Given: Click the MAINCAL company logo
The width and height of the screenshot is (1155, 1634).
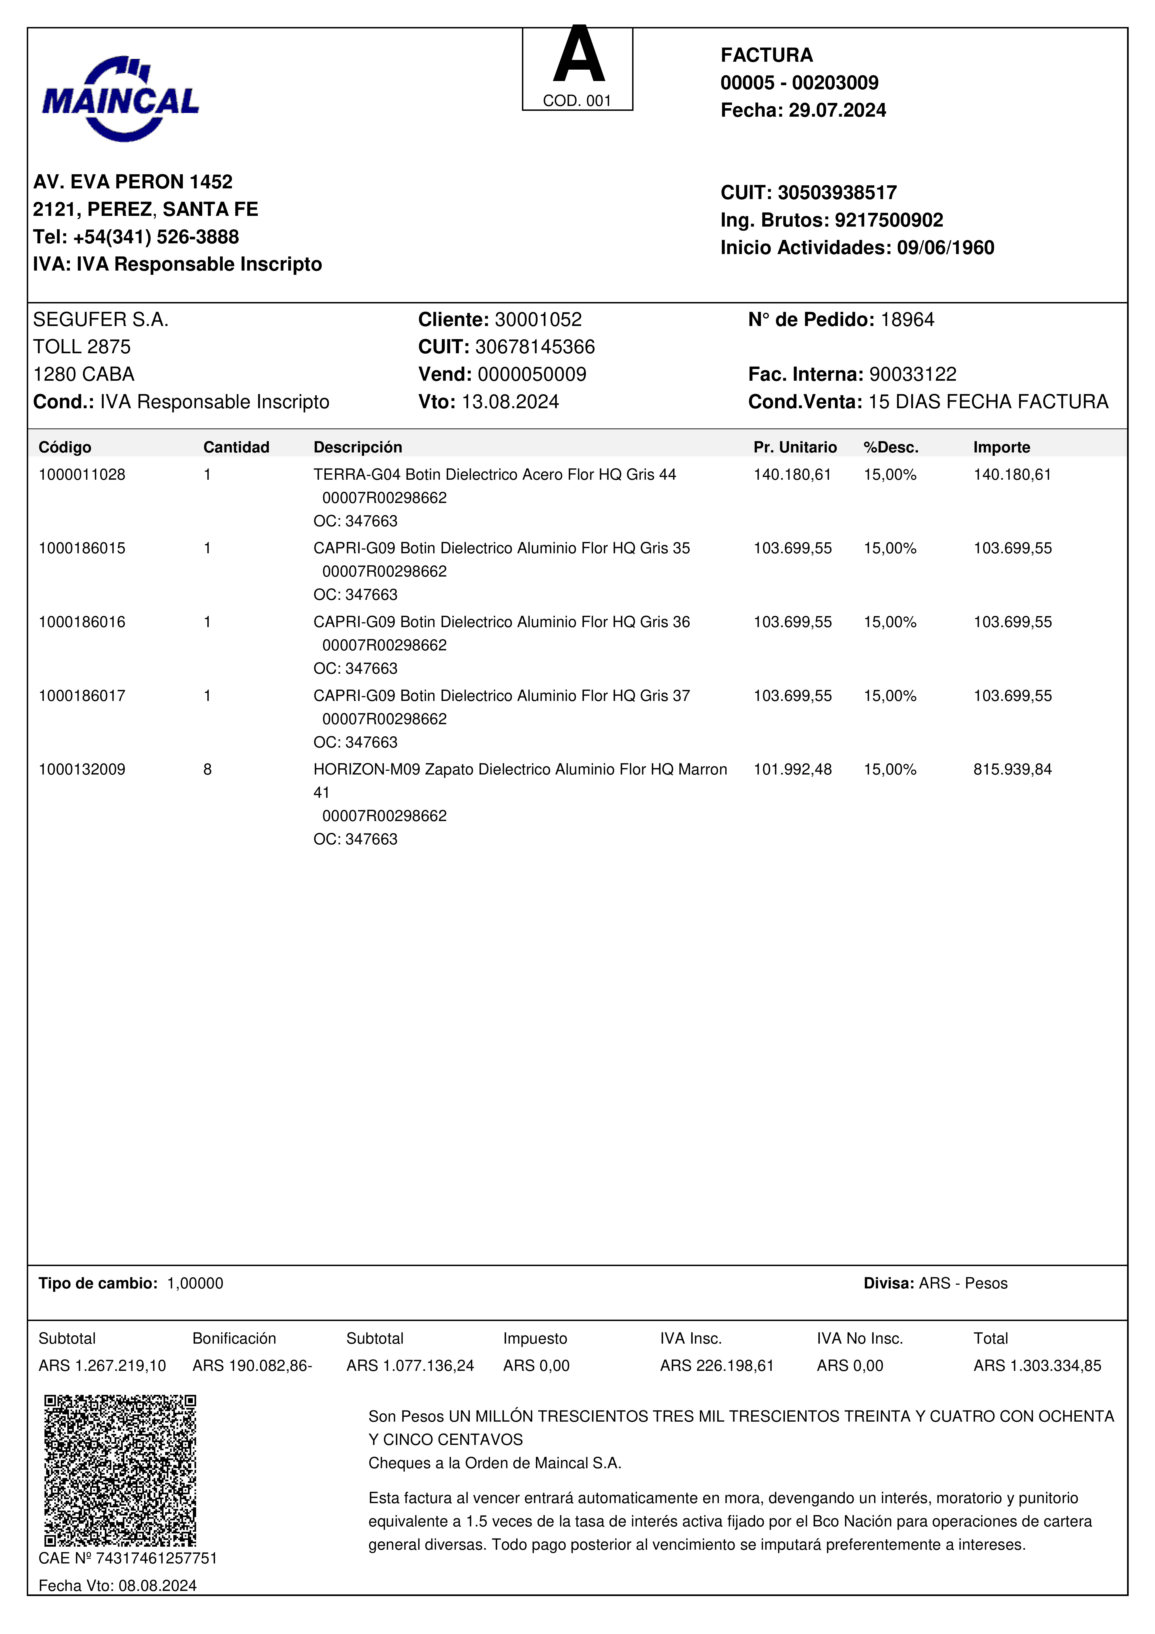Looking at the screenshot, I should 120,99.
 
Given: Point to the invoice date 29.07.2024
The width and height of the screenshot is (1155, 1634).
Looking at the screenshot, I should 837,110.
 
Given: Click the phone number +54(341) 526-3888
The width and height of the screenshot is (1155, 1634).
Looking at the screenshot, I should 156,237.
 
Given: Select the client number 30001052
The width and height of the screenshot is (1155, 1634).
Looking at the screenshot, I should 538,319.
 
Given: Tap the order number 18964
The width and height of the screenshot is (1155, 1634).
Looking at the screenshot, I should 907,319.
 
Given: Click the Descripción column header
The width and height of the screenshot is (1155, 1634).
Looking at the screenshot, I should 358,447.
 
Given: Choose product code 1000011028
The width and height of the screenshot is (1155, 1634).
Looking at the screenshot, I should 82,475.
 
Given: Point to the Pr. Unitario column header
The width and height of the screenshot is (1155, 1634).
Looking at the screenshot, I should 795,447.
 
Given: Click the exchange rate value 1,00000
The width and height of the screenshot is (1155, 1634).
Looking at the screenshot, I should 195,1283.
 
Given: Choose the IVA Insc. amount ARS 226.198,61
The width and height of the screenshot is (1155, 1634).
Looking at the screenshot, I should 717,1366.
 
